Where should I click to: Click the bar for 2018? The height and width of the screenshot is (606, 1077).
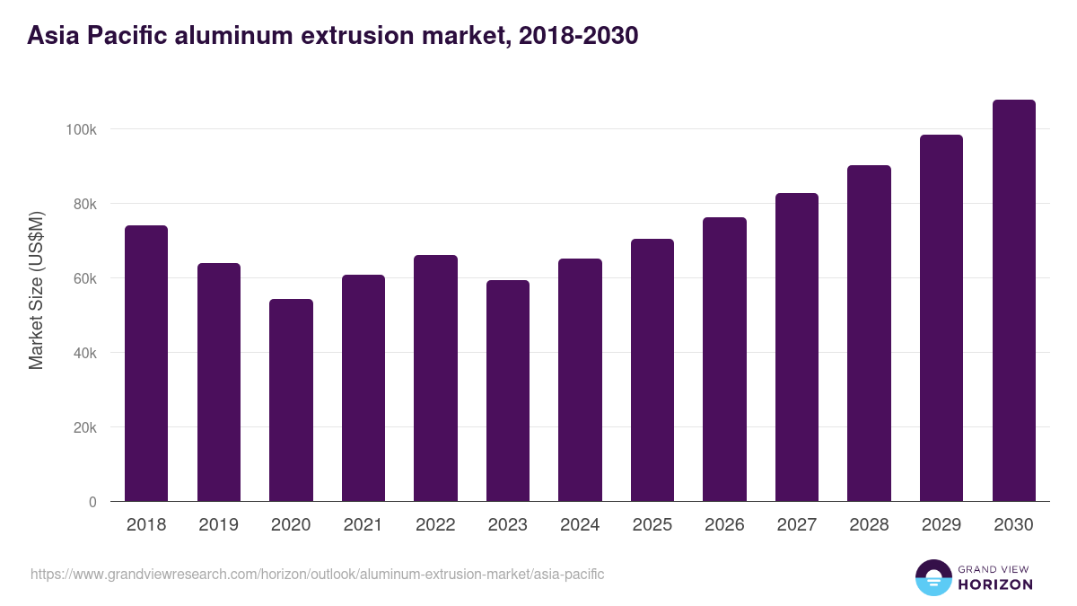146,363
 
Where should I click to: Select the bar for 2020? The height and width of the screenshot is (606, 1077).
291,400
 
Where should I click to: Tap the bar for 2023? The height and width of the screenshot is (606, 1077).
508,391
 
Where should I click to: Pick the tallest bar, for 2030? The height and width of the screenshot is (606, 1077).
1014,300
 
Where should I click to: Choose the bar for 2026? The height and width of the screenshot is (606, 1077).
724,359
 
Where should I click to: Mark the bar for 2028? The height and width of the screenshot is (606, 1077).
869,333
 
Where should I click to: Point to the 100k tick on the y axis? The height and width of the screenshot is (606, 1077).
81,129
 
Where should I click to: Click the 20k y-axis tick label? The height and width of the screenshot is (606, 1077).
84,427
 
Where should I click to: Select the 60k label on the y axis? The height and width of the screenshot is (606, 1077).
84,278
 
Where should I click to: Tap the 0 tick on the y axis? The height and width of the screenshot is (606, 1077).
92,502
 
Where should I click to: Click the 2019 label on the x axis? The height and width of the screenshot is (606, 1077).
218,525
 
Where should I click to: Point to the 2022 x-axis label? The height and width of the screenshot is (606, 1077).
435,525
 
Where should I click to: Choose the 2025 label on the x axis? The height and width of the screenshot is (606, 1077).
652,525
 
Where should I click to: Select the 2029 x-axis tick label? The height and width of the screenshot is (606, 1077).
941,525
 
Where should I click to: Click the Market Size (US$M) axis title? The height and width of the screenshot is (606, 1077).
36,289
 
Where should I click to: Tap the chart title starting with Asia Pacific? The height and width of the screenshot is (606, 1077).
333,36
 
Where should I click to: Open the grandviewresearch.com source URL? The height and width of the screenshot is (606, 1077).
318,574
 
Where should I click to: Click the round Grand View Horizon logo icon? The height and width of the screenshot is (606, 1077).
933,578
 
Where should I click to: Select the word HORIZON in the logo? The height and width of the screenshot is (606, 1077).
995,584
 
